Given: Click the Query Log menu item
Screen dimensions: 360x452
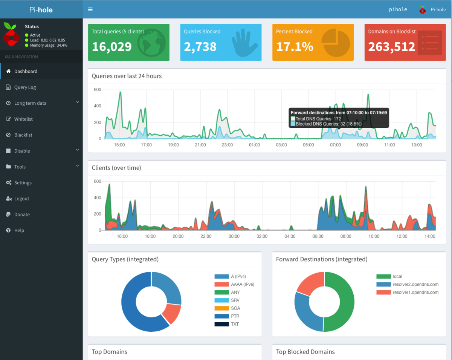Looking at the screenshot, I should click(25, 87).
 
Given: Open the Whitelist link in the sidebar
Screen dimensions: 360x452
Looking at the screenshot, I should click(23, 119).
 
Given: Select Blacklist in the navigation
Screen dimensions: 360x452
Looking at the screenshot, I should click(23, 135).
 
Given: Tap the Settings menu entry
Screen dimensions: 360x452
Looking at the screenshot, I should click(23, 183).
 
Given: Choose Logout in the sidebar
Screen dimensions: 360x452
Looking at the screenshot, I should click(21, 199).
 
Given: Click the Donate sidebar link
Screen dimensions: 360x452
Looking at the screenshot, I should click(22, 214).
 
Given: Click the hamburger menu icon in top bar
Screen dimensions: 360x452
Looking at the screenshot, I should click(90, 9).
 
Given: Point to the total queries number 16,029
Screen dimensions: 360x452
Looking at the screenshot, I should click(112, 46).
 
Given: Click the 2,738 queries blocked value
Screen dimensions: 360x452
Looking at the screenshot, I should click(200, 46).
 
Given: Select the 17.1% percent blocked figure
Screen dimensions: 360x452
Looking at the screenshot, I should click(295, 46).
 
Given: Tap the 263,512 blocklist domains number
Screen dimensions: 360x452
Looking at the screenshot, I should click(391, 46).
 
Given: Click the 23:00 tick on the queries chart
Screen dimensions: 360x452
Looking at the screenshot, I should click(227, 145).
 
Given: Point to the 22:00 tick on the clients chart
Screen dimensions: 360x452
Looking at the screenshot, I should click(206, 237).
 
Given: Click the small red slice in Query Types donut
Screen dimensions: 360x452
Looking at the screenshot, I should click(171, 314).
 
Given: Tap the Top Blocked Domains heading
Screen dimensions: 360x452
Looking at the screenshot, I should click(305, 352).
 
